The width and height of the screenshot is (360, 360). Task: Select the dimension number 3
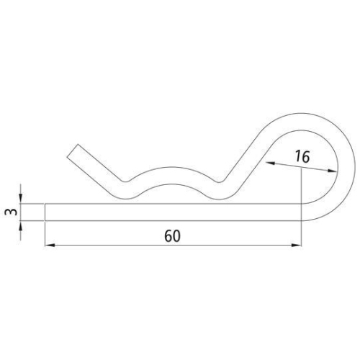9,213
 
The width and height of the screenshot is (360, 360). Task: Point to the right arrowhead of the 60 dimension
297,246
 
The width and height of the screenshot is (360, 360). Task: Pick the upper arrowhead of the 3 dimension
21,200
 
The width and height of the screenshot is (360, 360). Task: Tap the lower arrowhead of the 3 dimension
21,225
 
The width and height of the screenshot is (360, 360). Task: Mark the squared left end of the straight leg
46,212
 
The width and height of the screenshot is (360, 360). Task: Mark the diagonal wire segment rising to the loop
248,155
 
